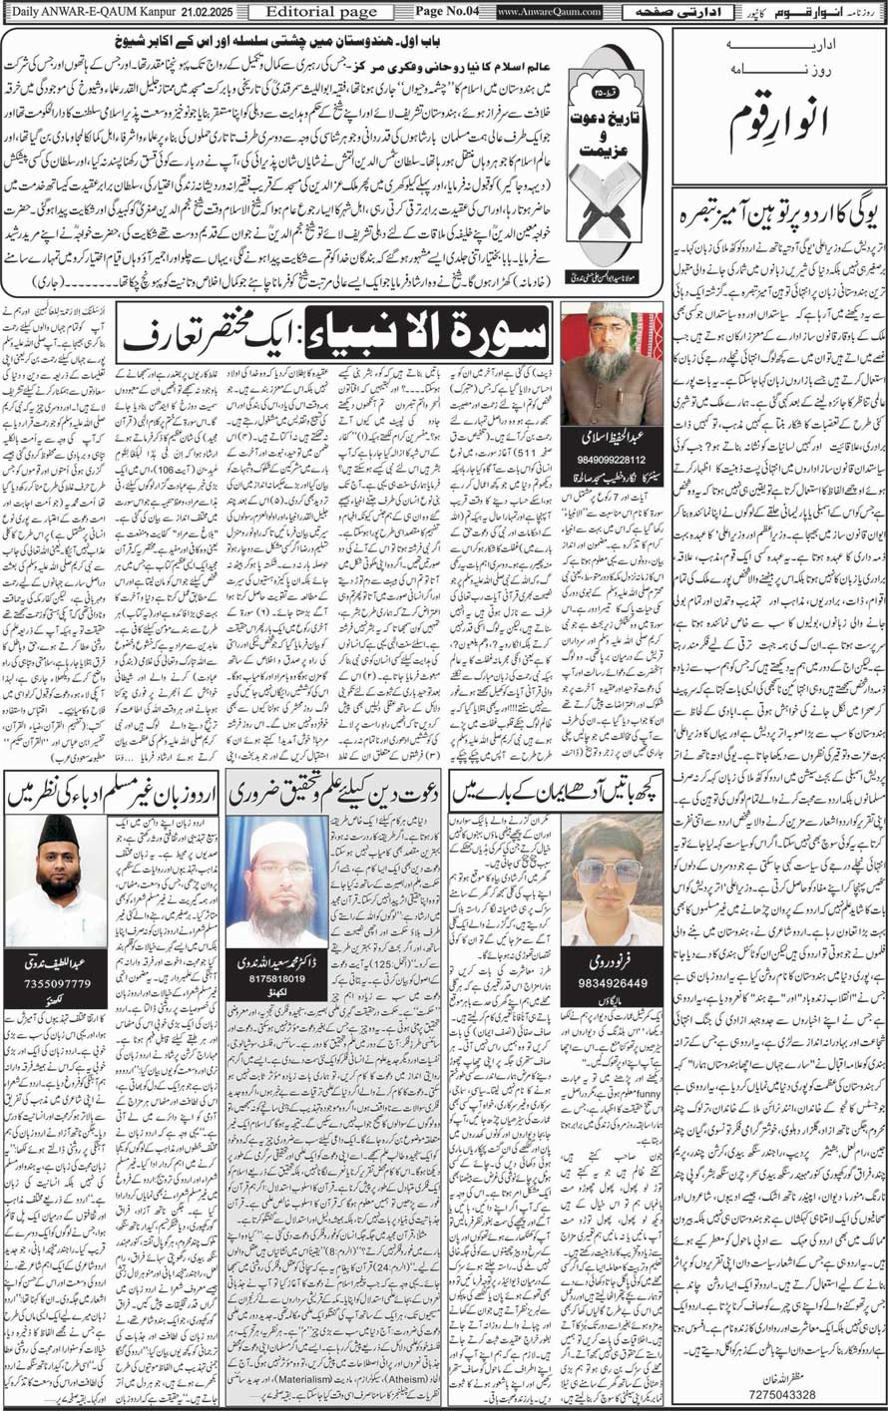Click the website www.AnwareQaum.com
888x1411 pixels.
point(550,11)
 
